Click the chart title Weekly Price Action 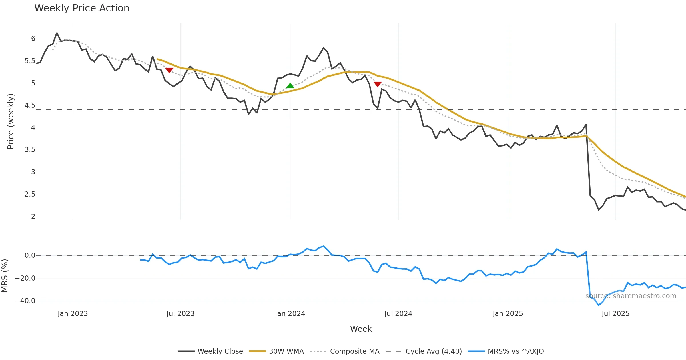(82, 8)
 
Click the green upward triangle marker (290, 86)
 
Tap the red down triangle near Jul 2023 (169, 70)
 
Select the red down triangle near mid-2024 (378, 84)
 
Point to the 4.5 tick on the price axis (30, 105)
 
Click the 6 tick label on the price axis (33, 39)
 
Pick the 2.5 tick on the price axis (30, 194)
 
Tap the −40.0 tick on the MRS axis (25, 301)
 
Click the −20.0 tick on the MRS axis (25, 278)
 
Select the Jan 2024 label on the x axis (290, 314)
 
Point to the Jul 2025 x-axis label (615, 314)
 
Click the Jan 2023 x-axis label (73, 314)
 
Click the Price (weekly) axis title (11, 121)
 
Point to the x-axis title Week (361, 329)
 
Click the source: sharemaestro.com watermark (631, 296)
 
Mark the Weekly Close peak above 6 (57, 33)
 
